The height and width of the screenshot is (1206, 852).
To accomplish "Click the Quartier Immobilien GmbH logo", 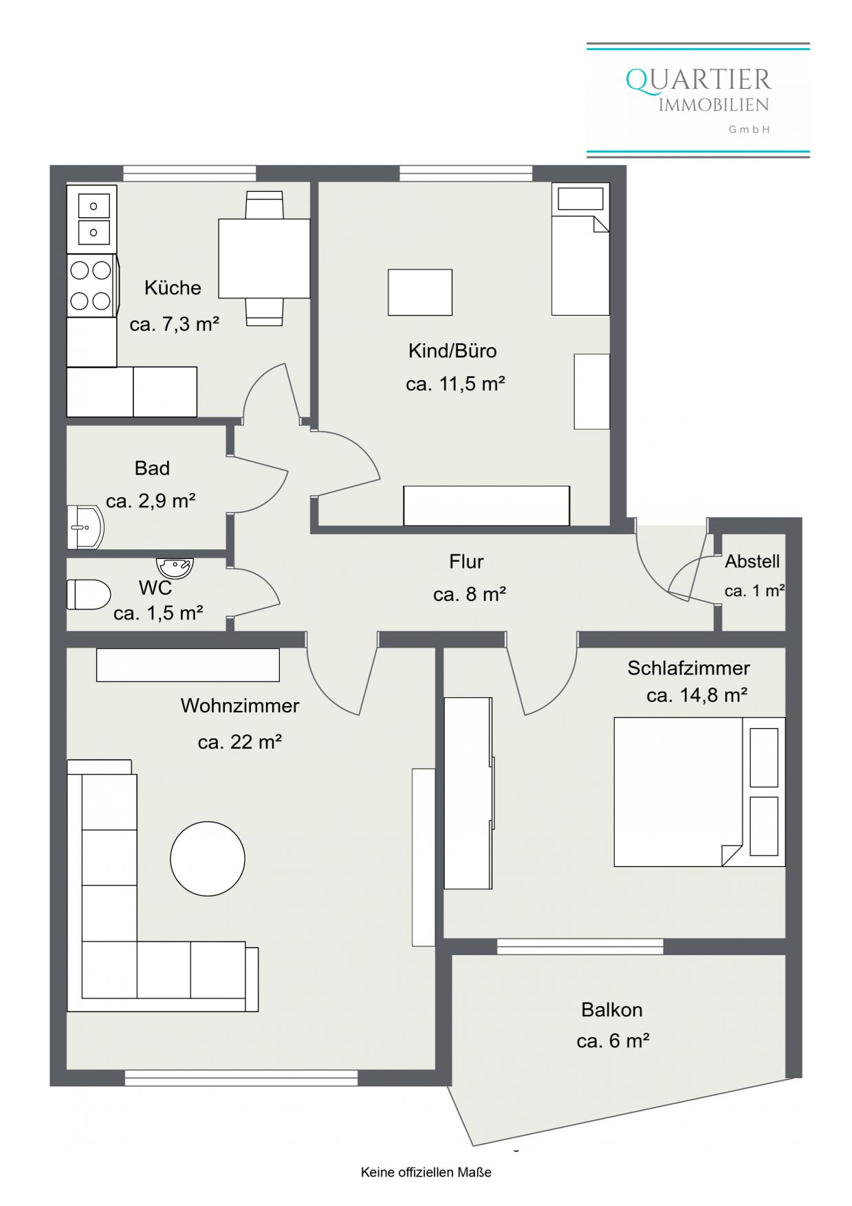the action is (698, 100).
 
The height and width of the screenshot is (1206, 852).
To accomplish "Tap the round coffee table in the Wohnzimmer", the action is (208, 858).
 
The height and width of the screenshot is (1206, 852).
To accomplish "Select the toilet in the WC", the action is (89, 594).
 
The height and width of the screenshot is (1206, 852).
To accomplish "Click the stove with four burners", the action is (92, 285).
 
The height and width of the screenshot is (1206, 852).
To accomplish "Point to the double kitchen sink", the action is (92, 218).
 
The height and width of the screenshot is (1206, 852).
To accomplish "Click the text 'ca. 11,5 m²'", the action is (455, 383).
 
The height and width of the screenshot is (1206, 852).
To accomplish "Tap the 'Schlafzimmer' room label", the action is (688, 668).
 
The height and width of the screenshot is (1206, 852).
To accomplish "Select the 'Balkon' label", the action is (612, 1009).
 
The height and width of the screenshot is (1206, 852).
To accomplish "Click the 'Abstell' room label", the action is (752, 561).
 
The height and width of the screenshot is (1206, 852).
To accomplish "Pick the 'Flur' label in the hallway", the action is (466, 561).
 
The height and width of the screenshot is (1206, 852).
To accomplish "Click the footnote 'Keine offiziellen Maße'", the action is (426, 1172).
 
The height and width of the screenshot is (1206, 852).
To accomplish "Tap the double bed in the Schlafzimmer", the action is (699, 791).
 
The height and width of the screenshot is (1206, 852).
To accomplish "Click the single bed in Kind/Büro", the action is (580, 249).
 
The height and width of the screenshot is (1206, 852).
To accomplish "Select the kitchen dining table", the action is (264, 258).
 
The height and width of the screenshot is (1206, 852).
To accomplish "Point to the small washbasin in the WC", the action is (175, 567).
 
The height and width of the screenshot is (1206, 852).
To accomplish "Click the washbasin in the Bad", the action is (85, 528).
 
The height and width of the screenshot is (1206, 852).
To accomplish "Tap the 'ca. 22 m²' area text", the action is (240, 742).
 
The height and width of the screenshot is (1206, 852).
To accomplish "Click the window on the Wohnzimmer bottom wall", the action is (241, 1078).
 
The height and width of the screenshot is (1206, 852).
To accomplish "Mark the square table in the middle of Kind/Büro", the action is (420, 292).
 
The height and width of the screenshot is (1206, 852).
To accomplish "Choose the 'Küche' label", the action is (173, 287).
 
